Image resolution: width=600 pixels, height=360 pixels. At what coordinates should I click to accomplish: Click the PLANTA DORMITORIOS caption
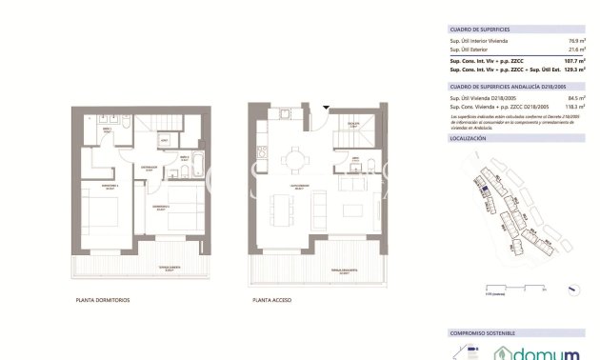tap(102, 301)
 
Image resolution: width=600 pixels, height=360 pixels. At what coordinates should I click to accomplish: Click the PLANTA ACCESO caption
tap(271, 301)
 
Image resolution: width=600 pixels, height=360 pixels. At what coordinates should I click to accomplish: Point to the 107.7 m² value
tap(575, 61)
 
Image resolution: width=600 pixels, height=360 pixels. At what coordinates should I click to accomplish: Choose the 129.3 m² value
tap(575, 70)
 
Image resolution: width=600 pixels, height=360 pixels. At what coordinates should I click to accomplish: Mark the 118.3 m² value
tap(575, 106)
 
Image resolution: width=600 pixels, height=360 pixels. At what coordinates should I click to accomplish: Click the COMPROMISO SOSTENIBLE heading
tap(482, 333)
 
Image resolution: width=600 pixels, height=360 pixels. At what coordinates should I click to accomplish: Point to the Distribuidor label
tap(149, 168)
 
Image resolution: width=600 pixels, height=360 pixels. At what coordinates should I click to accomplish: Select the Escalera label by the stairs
tap(351, 125)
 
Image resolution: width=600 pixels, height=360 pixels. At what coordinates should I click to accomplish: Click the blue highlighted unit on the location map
tap(483, 191)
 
